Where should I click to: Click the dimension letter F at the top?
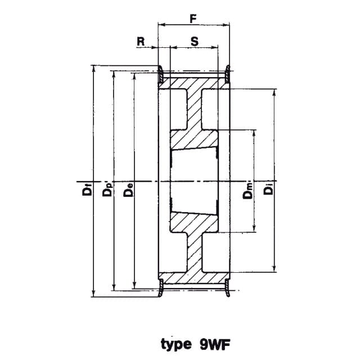pyautogui.click(x=193, y=19)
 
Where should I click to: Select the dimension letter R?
pyautogui.click(x=141, y=42)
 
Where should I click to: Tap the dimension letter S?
pyautogui.click(x=194, y=42)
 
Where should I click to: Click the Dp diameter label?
pyautogui.click(x=107, y=189)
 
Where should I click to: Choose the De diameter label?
pyautogui.click(x=128, y=190)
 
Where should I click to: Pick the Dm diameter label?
pyautogui.click(x=247, y=191)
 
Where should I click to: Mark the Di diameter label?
pyautogui.click(x=268, y=188)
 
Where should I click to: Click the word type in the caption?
pyautogui.click(x=176, y=345)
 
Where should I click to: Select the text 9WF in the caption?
pyautogui.click(x=214, y=344)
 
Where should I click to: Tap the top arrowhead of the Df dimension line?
pyautogui.click(x=93, y=69)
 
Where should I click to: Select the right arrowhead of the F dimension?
pyautogui.click(x=226, y=25)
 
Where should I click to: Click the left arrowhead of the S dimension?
pyautogui.click(x=173, y=47)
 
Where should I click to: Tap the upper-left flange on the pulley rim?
pyautogui.click(x=160, y=74)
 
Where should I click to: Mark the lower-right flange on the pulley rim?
pyautogui.click(x=227, y=287)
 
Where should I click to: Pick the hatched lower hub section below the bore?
pyautogui.click(x=194, y=222)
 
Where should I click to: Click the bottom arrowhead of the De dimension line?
pyautogui.click(x=134, y=286)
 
